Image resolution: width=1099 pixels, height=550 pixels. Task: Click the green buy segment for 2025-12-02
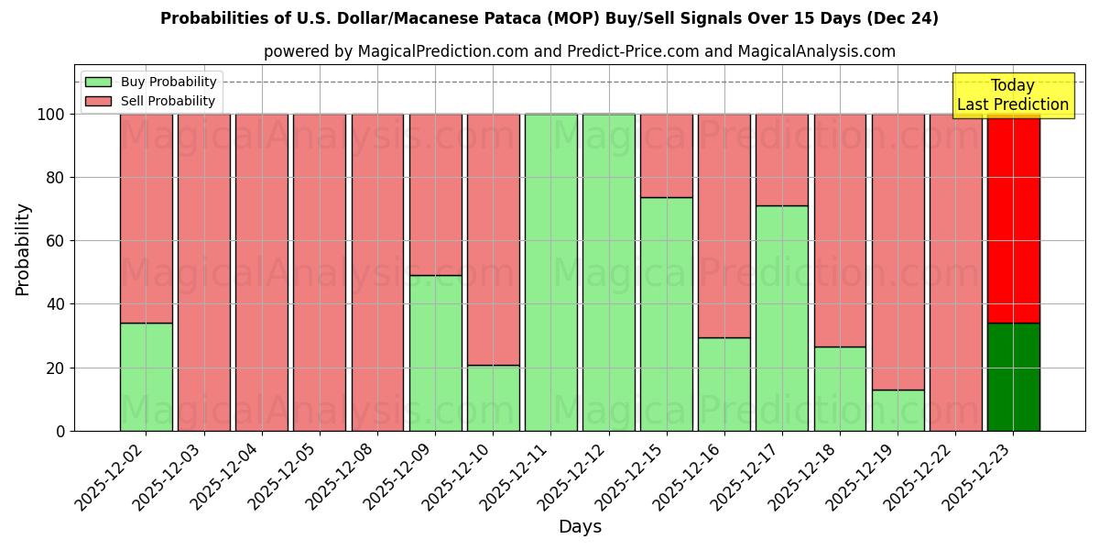(146, 377)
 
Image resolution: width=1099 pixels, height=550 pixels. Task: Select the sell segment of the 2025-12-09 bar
(435, 194)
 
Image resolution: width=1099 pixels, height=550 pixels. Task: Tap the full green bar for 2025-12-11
(550, 272)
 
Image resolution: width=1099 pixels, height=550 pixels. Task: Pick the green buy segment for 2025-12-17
(782, 318)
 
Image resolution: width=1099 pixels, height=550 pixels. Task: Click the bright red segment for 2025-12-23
(1013, 218)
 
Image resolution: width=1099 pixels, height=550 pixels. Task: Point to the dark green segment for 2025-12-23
(1013, 377)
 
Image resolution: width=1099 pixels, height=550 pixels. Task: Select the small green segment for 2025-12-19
(898, 410)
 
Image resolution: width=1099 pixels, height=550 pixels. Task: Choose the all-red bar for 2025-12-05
(320, 272)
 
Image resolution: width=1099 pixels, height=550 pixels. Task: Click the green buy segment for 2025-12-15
(666, 313)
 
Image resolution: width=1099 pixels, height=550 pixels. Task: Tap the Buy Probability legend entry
(151, 82)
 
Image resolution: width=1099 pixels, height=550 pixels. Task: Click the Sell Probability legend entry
(151, 101)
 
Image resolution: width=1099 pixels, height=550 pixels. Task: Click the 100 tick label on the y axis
(50, 115)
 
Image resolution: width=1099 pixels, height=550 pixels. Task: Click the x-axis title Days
(580, 527)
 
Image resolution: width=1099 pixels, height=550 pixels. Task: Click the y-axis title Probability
(23, 249)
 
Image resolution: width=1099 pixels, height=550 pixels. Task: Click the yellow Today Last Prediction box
(1012, 95)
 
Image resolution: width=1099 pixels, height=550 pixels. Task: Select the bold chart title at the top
(549, 18)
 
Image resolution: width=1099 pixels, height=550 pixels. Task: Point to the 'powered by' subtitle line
(580, 51)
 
